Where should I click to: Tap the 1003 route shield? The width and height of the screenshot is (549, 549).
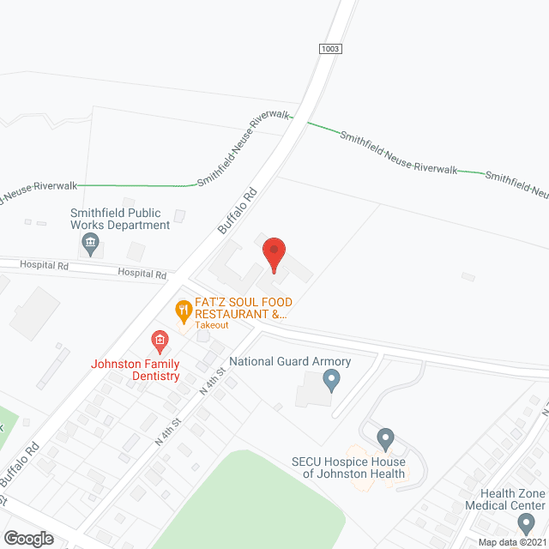pyautogui.click(x=329, y=49)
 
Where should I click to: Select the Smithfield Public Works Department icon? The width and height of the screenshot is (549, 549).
pyautogui.click(x=90, y=245)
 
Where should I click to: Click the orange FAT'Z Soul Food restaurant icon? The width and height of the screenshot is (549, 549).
pyautogui.click(x=183, y=311)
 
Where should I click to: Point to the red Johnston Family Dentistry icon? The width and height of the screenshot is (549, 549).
pyautogui.click(x=160, y=342)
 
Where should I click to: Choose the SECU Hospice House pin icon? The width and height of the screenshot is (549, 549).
pyautogui.click(x=385, y=441)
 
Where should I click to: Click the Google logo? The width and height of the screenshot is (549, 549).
pyautogui.click(x=27, y=539)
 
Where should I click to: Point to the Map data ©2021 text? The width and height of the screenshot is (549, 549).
pyautogui.click(x=512, y=541)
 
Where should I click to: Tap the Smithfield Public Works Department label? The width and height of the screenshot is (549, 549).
pyautogui.click(x=120, y=219)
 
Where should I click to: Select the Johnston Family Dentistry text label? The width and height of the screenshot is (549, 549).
pyautogui.click(x=136, y=370)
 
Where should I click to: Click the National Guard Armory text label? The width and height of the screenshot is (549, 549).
pyautogui.click(x=286, y=361)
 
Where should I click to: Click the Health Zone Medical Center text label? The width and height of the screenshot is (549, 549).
pyautogui.click(x=513, y=499)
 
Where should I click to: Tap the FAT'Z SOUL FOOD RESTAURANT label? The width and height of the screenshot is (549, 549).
pyautogui.click(x=244, y=308)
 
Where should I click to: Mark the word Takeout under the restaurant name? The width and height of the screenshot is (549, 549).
pyautogui.click(x=211, y=325)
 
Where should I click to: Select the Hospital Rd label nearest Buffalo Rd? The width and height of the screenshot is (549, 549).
pyautogui.click(x=142, y=274)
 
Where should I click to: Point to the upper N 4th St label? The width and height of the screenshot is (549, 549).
pyautogui.click(x=212, y=380)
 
